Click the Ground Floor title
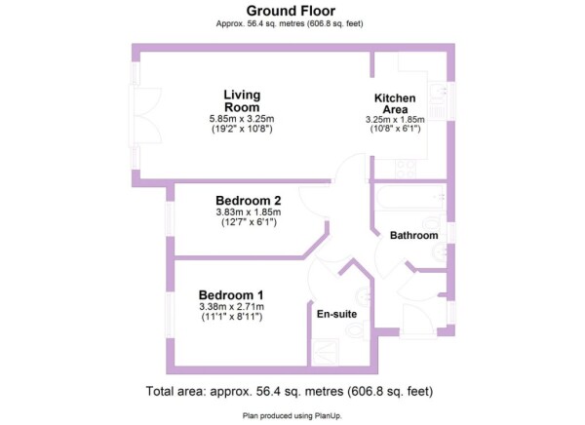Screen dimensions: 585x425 (291, 11)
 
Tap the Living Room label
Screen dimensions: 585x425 (242, 100)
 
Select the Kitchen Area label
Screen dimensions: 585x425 (395, 103)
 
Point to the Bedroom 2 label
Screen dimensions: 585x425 (248, 201)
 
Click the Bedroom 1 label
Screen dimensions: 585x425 (231, 295)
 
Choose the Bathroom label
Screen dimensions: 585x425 (413, 236)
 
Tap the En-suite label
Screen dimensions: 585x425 (336, 314)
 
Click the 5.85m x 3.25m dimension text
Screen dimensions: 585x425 (242, 119)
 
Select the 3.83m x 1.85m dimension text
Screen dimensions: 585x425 (248, 212)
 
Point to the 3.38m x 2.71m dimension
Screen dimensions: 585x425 (231, 307)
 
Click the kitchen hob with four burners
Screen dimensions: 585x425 (406, 169)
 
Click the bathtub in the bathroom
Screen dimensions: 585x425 (411, 197)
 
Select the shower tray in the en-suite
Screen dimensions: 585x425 (326, 352)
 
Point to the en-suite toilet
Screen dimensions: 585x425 (356, 330)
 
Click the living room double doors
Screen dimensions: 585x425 (144, 115)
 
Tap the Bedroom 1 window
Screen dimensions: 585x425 (170, 315)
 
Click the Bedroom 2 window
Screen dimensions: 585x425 (170, 219)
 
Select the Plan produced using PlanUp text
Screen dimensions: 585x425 (292, 415)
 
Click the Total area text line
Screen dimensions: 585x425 (290, 392)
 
